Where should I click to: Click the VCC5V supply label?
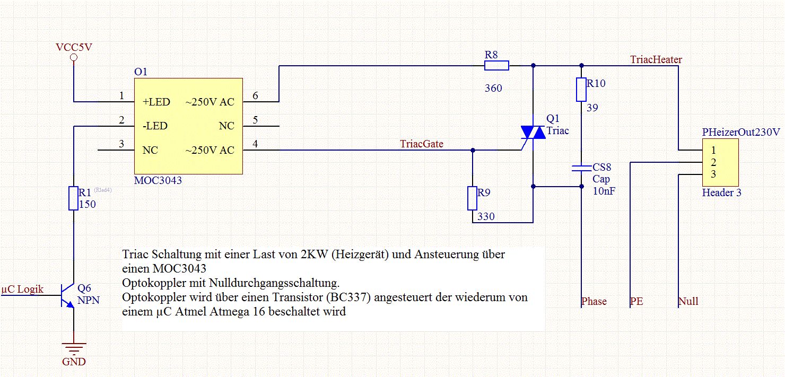(74, 47)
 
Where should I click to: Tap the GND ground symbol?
(74, 349)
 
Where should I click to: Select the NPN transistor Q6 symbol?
(68, 295)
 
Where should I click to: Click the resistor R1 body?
(74, 198)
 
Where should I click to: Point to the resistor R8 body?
(496, 66)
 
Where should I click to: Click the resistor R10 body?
(581, 90)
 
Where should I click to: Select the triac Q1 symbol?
(533, 134)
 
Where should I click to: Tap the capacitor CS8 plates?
(581, 168)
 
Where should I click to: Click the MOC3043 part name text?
(158, 180)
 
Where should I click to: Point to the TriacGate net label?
(422, 144)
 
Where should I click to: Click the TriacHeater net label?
(656, 59)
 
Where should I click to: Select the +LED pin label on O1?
(156, 102)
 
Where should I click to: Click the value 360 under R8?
(493, 88)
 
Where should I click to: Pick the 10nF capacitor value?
(604, 191)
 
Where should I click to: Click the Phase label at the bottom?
(594, 301)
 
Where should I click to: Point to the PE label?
(636, 301)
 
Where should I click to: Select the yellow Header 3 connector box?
(720, 161)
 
